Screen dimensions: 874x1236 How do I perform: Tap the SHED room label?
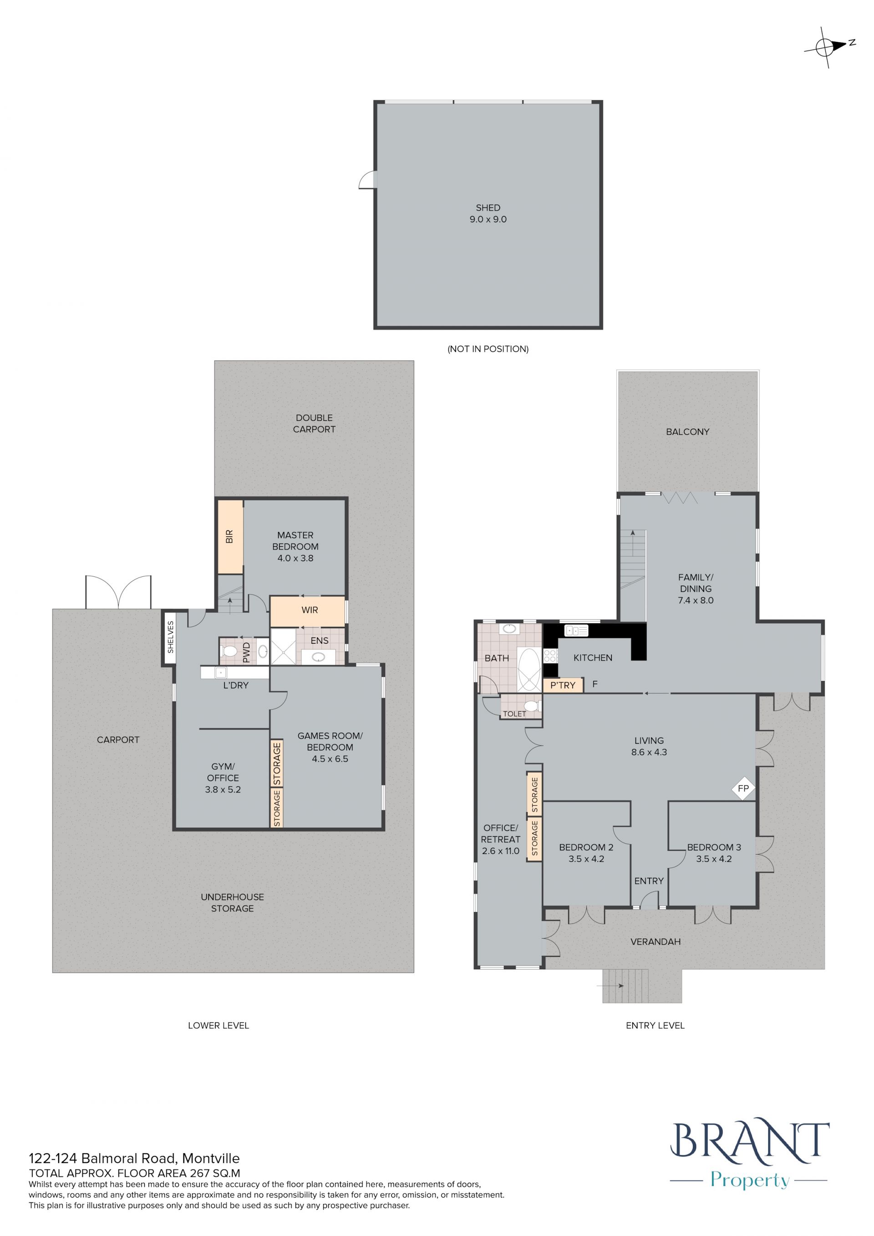488,207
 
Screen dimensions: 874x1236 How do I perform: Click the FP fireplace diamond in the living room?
743,788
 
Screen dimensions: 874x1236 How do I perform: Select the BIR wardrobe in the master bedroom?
230,537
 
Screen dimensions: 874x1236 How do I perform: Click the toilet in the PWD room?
229,651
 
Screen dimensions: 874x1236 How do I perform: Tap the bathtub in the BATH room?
528,669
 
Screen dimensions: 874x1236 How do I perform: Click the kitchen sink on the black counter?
576,630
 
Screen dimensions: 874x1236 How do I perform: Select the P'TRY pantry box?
563,685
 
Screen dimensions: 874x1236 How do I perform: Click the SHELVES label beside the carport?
171,637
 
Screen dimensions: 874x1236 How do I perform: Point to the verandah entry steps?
626,986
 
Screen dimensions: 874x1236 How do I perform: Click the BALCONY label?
687,431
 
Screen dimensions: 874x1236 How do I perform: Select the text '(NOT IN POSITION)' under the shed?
488,349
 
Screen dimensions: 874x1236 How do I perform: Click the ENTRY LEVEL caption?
655,1026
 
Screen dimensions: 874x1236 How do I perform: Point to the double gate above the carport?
118,592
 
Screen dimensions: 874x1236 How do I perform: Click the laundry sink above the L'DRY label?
220,672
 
